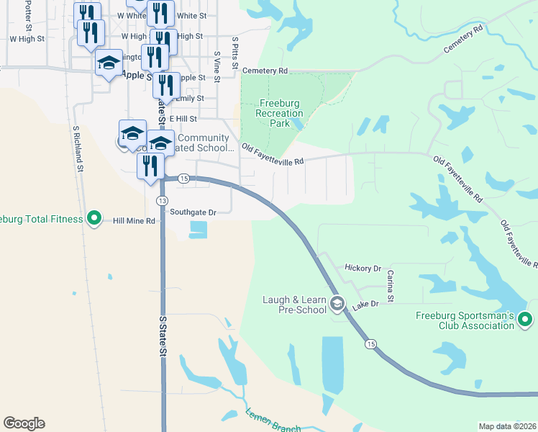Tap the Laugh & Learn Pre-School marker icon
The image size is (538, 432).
pos(337,305)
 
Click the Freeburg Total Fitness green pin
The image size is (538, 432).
pos(94,217)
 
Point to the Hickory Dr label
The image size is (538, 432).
pos(363,268)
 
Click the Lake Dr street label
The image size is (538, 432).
pos(365,305)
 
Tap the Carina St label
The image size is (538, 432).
pos(391,286)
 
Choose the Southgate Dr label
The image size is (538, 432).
pos(193,212)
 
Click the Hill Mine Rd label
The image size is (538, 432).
pos(134,221)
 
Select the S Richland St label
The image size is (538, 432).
pos(76,150)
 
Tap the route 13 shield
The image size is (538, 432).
pos(162,200)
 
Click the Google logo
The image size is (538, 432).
pos(24,423)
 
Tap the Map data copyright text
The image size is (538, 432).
pos(507,426)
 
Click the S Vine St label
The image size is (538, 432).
pos(216,66)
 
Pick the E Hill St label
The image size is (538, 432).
pos(183,118)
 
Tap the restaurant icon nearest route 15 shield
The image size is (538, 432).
pos(150,166)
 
